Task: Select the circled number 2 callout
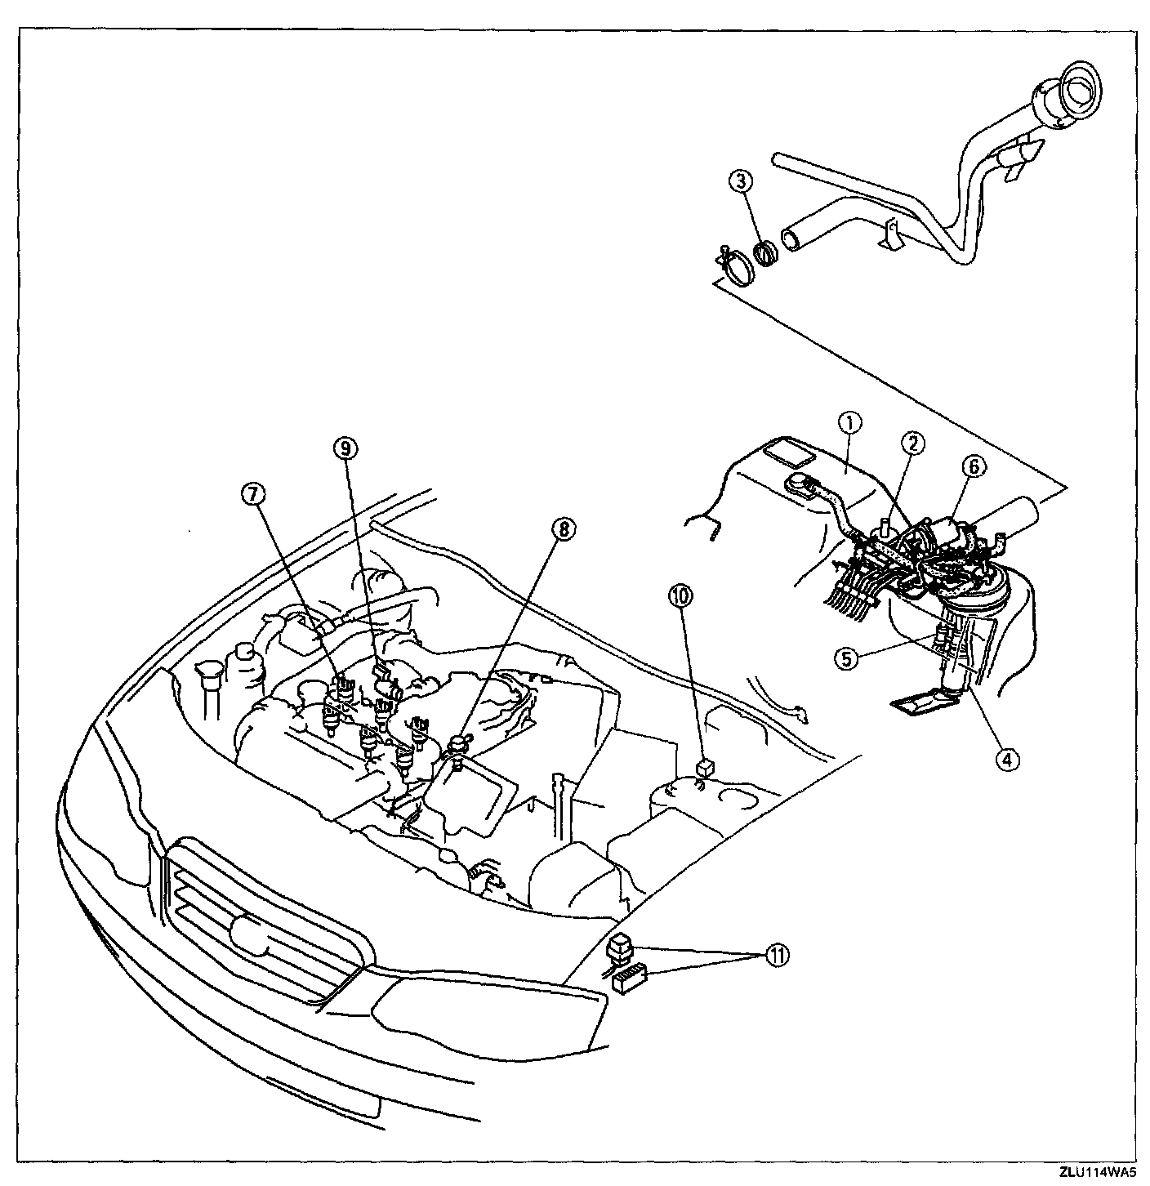point(912,444)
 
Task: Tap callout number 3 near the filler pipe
point(741,182)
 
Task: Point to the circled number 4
point(1006,759)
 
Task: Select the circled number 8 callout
point(561,529)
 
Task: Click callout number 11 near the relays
point(776,956)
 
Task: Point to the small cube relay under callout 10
point(704,768)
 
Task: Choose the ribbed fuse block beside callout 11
point(630,978)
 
